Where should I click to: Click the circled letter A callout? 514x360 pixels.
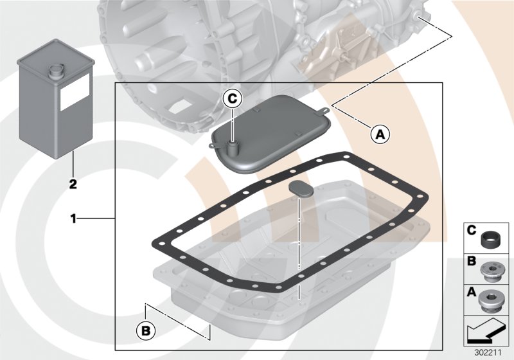[x=379, y=134]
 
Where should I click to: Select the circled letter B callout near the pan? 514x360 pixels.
[x=146, y=330]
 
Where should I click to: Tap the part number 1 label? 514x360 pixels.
[x=74, y=219]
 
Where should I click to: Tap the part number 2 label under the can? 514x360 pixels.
[x=73, y=184]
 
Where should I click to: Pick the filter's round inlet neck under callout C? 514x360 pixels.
[x=232, y=147]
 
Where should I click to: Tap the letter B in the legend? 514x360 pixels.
[x=472, y=262]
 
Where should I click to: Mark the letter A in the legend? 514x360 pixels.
[x=472, y=293]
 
